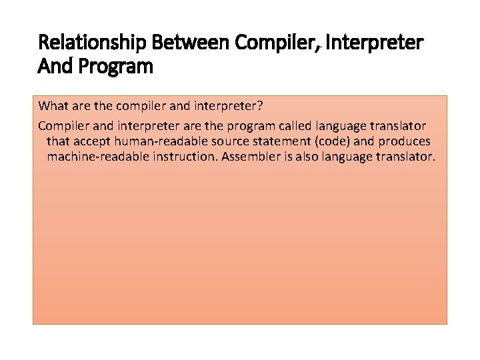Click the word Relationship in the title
pyautogui.click(x=93, y=43)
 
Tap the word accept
pyautogui.click(x=93, y=141)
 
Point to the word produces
pyautogui.click(x=406, y=141)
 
